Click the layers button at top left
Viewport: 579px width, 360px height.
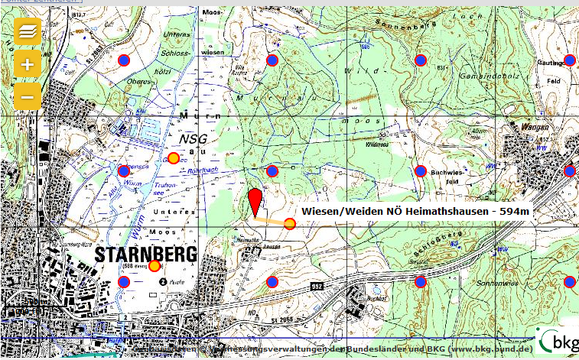coord(28,31)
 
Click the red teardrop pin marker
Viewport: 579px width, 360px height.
coord(255,203)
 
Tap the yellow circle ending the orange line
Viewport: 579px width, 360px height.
coord(290,223)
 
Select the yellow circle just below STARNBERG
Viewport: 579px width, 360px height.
coord(155,266)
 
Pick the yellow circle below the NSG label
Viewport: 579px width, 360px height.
coord(174,158)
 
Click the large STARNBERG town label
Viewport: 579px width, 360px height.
coord(145,253)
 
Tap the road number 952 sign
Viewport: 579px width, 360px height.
coord(317,285)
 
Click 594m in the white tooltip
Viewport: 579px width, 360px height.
coord(518,210)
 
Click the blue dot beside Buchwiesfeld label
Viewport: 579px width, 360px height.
coord(420,171)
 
